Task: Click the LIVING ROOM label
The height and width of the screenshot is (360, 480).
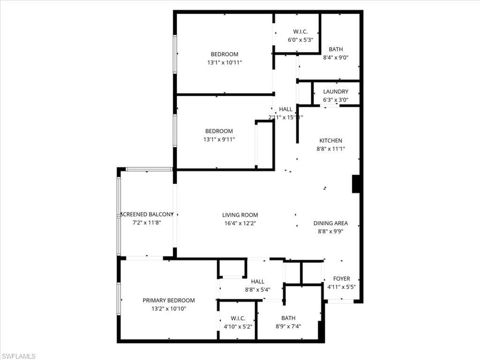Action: click(x=240, y=215)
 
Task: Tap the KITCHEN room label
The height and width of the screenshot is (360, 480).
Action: click(x=330, y=141)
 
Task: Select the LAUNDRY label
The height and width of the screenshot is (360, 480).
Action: click(x=336, y=91)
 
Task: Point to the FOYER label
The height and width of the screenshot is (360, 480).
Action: click(x=341, y=278)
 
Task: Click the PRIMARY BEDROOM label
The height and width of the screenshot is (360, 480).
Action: click(x=169, y=300)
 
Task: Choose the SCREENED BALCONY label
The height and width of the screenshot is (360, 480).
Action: click(x=147, y=214)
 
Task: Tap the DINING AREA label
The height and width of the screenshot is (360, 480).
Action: click(x=330, y=223)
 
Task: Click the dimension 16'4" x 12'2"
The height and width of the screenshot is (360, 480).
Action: click(x=240, y=223)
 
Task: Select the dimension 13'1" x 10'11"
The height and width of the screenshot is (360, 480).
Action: click(x=225, y=62)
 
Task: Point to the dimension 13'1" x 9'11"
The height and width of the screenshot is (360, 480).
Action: click(x=219, y=139)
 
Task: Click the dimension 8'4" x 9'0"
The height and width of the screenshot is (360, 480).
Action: click(x=336, y=57)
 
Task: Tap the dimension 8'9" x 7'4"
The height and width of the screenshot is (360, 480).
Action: click(x=288, y=326)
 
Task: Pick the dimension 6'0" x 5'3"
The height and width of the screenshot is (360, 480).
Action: click(x=300, y=40)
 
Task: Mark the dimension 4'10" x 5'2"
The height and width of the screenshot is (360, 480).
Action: click(x=238, y=327)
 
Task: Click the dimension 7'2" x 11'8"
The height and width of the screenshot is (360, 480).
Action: click(x=147, y=223)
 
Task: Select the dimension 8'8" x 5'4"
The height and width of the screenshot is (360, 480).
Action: click(x=257, y=290)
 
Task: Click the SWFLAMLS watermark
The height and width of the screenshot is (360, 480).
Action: click(x=18, y=356)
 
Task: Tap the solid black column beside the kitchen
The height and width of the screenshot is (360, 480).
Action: click(x=356, y=184)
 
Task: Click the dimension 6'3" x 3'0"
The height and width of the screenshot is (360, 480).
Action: click(x=336, y=100)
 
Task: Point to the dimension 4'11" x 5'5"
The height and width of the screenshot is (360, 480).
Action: click(x=341, y=287)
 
